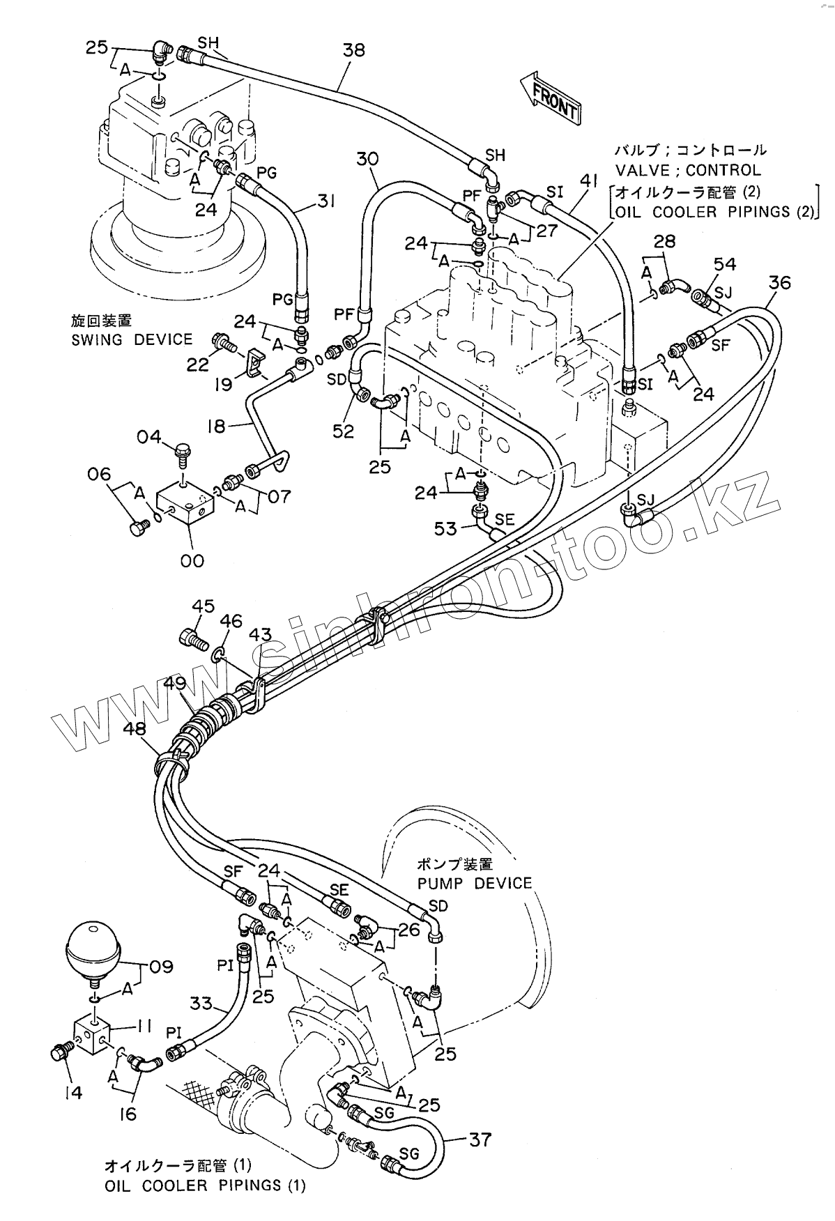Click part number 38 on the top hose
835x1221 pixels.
tap(353, 50)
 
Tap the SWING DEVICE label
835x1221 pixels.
tap(132, 340)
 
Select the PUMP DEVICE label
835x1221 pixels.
tap(474, 883)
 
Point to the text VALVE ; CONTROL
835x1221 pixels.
tap(687, 170)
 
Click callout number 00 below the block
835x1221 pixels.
tap(192, 560)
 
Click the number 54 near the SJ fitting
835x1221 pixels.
tap(724, 264)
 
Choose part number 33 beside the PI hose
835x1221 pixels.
tap(202, 1004)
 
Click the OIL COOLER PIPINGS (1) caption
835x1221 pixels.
tap(204, 1185)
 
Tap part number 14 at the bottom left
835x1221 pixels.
tap(72, 1093)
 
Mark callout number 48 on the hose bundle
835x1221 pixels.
tap(135, 729)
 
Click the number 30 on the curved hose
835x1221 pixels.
tap(367, 159)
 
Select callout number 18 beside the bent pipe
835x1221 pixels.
tap(217, 426)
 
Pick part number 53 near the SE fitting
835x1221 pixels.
tap(446, 529)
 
